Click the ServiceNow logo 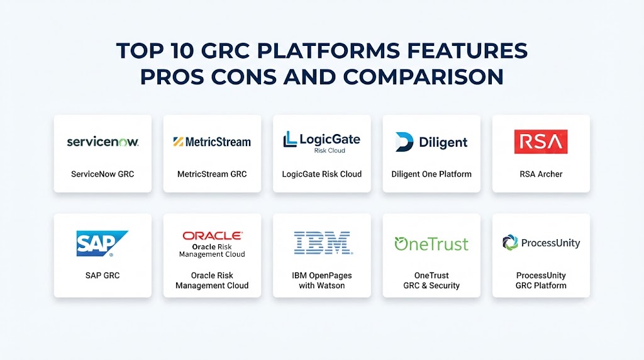point(103,142)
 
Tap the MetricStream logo point(212,142)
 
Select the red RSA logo point(541,142)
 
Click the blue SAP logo point(103,244)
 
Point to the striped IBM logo point(323,243)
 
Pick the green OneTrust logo point(431,244)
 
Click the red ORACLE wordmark point(213,235)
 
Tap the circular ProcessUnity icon point(510,242)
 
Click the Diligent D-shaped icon point(404,142)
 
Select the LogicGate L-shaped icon point(290,139)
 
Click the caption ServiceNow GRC point(103,174)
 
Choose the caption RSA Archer point(541,174)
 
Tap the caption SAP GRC point(103,275)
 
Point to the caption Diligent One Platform point(431,174)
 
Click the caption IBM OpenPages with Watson point(322,280)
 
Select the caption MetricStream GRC point(212,174)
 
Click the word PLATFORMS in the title point(328,51)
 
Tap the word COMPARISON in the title point(423,77)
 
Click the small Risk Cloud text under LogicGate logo point(330,151)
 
